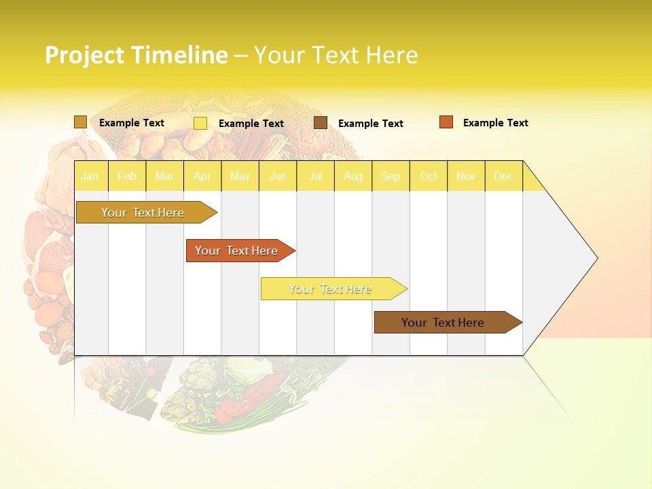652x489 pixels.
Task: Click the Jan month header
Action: [90, 177]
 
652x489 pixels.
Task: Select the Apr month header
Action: [202, 177]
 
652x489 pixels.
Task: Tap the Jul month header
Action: [315, 177]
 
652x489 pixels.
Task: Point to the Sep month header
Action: [390, 177]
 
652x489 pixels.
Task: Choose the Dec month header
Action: [503, 177]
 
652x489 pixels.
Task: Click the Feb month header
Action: [127, 177]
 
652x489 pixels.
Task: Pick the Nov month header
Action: [466, 177]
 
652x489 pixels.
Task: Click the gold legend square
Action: [81, 122]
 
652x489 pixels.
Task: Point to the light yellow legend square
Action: [200, 123]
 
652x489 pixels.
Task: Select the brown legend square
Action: [321, 123]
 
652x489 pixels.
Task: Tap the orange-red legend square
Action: [446, 122]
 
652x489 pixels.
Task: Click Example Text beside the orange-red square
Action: [495, 123]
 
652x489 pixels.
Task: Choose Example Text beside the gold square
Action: [132, 123]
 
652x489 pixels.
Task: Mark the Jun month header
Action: [278, 177]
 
